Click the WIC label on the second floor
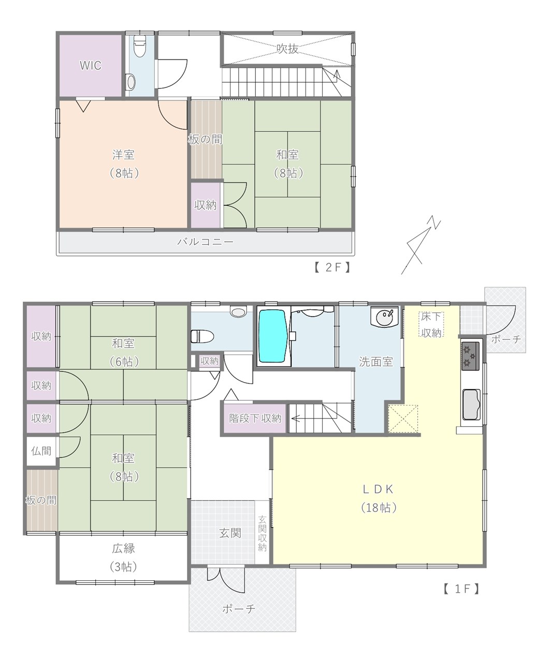[91, 66]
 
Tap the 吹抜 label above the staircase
[287, 49]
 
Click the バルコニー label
[206, 242]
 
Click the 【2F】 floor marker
[332, 267]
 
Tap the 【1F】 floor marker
[461, 589]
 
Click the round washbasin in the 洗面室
[385, 316]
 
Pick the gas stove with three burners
[470, 356]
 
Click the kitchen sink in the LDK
[472, 404]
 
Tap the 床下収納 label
[431, 325]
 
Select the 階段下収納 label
[255, 418]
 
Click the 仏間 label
[41, 451]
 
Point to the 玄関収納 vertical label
[262, 534]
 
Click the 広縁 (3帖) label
[123, 558]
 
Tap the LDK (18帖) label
[379, 499]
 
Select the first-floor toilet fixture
[202, 336]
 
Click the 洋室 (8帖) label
[123, 164]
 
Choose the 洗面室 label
[376, 362]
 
